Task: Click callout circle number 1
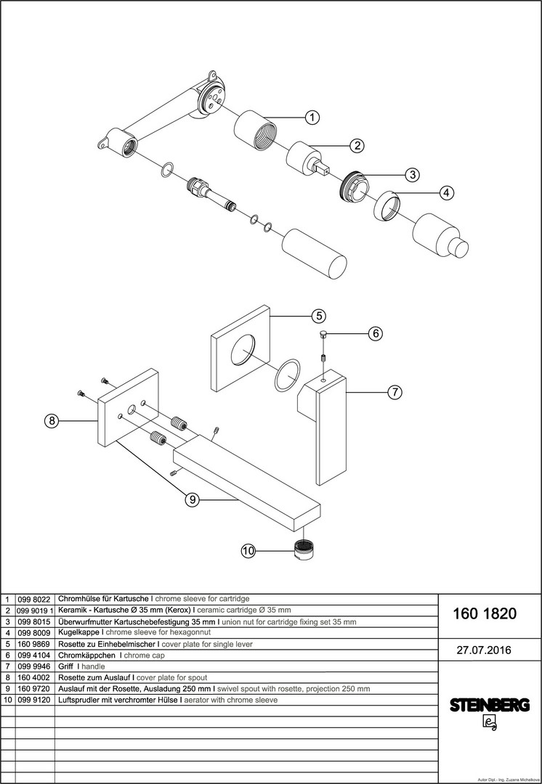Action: pyautogui.click(x=312, y=118)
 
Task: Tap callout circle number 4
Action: pyautogui.click(x=447, y=192)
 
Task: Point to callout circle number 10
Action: pyautogui.click(x=248, y=551)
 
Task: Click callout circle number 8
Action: pyautogui.click(x=52, y=421)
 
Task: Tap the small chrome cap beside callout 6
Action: pyautogui.click(x=324, y=334)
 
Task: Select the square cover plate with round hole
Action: pyautogui.click(x=240, y=348)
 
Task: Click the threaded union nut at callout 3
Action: pyautogui.click(x=353, y=187)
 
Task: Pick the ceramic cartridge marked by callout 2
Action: pyautogui.click(x=307, y=159)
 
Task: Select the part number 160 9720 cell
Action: pyautogui.click(x=33, y=688)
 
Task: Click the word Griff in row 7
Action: pyautogui.click(x=66, y=666)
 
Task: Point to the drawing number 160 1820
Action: pyautogui.click(x=485, y=613)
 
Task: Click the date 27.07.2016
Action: pyautogui.click(x=484, y=650)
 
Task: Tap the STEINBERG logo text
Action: pyautogui.click(x=490, y=706)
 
